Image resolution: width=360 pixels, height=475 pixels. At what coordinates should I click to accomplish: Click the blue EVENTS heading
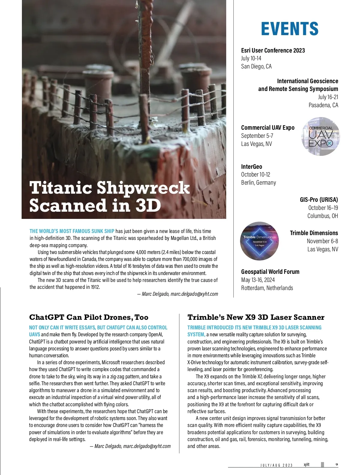pos(289,29)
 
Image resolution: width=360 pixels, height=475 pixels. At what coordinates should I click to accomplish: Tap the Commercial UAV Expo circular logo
pos(321,136)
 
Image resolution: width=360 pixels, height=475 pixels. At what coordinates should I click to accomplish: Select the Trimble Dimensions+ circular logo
pos(259,241)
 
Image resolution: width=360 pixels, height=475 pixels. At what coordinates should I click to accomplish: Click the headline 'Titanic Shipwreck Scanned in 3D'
pos(109,197)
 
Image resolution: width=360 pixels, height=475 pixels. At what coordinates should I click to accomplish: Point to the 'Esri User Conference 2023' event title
pos(273,50)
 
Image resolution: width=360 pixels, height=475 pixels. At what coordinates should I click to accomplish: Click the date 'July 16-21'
pos(328,97)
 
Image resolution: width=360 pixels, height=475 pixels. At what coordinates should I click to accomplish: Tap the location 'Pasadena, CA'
pos(323,105)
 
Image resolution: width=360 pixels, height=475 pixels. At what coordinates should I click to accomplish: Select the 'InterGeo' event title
pos(251,167)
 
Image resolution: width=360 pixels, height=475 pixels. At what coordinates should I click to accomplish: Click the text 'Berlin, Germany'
pos(258,183)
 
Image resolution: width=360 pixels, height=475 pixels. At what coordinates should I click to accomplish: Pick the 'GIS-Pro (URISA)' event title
pos(319,200)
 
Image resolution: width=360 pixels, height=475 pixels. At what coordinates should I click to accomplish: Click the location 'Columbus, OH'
pos(322,216)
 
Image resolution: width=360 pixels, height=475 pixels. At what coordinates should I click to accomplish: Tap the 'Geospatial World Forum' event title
pos(270,272)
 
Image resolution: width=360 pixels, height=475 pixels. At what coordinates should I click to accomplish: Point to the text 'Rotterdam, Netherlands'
pos(267,288)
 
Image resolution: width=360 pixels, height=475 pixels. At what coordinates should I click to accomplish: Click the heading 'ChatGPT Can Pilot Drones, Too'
pos(89,317)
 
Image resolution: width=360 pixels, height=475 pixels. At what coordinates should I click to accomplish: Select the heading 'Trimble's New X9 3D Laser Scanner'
pos(256,317)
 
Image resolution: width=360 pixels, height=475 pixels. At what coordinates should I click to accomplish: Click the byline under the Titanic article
pos(178,294)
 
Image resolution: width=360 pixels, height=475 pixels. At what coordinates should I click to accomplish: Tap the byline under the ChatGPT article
pos(130,446)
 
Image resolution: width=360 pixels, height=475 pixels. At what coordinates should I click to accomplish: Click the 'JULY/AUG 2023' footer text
pos(276,465)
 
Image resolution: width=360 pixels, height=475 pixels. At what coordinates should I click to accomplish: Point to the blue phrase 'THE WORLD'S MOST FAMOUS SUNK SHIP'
pos(72,231)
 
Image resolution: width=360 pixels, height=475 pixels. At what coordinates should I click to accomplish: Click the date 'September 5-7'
pos(257,136)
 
